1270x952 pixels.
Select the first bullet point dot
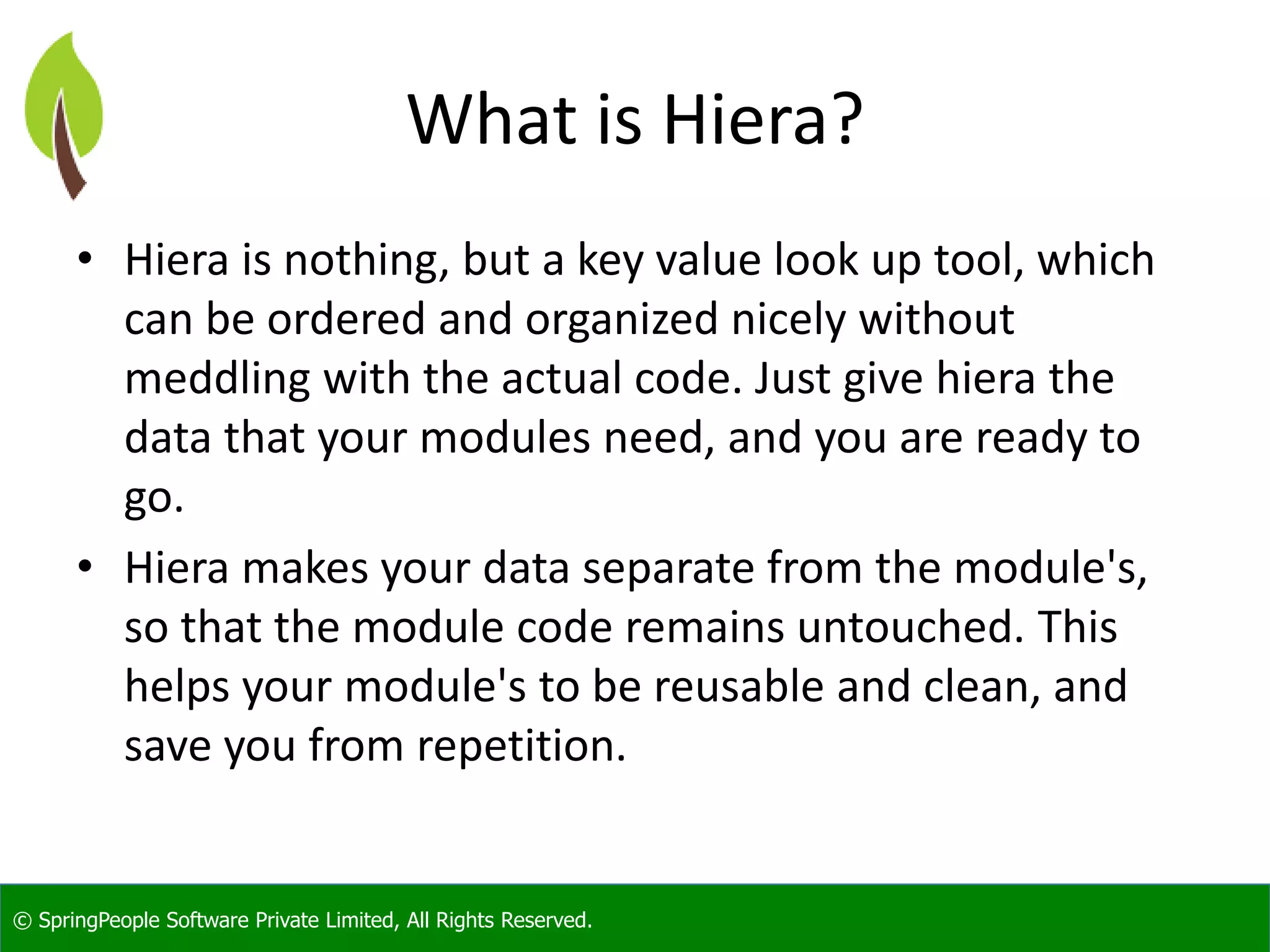85,258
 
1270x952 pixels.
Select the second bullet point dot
85,566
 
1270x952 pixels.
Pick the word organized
621,320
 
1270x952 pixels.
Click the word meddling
217,379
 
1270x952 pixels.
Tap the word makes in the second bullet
305,568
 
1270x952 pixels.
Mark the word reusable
739,687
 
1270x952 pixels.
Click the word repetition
521,746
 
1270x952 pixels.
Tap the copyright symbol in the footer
22,921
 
